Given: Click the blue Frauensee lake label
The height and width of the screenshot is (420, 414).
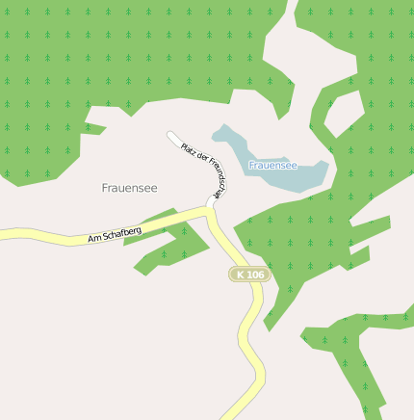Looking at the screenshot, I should point(272,166).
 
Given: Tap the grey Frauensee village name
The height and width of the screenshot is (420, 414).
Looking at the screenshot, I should point(129,188).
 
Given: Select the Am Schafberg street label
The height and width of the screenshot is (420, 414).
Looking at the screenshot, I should point(115,233).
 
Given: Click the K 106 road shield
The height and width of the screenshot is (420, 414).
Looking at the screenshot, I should point(249,275).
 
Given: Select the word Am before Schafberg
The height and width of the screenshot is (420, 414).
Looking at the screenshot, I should point(93,238).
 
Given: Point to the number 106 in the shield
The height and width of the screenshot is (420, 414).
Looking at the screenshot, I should point(254,275).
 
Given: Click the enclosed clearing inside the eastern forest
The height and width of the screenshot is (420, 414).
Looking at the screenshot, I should point(343,116).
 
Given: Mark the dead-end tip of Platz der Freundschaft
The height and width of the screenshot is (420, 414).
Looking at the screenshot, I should point(171,136).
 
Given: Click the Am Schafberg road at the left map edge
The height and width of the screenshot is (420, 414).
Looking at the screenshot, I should point(4,234).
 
